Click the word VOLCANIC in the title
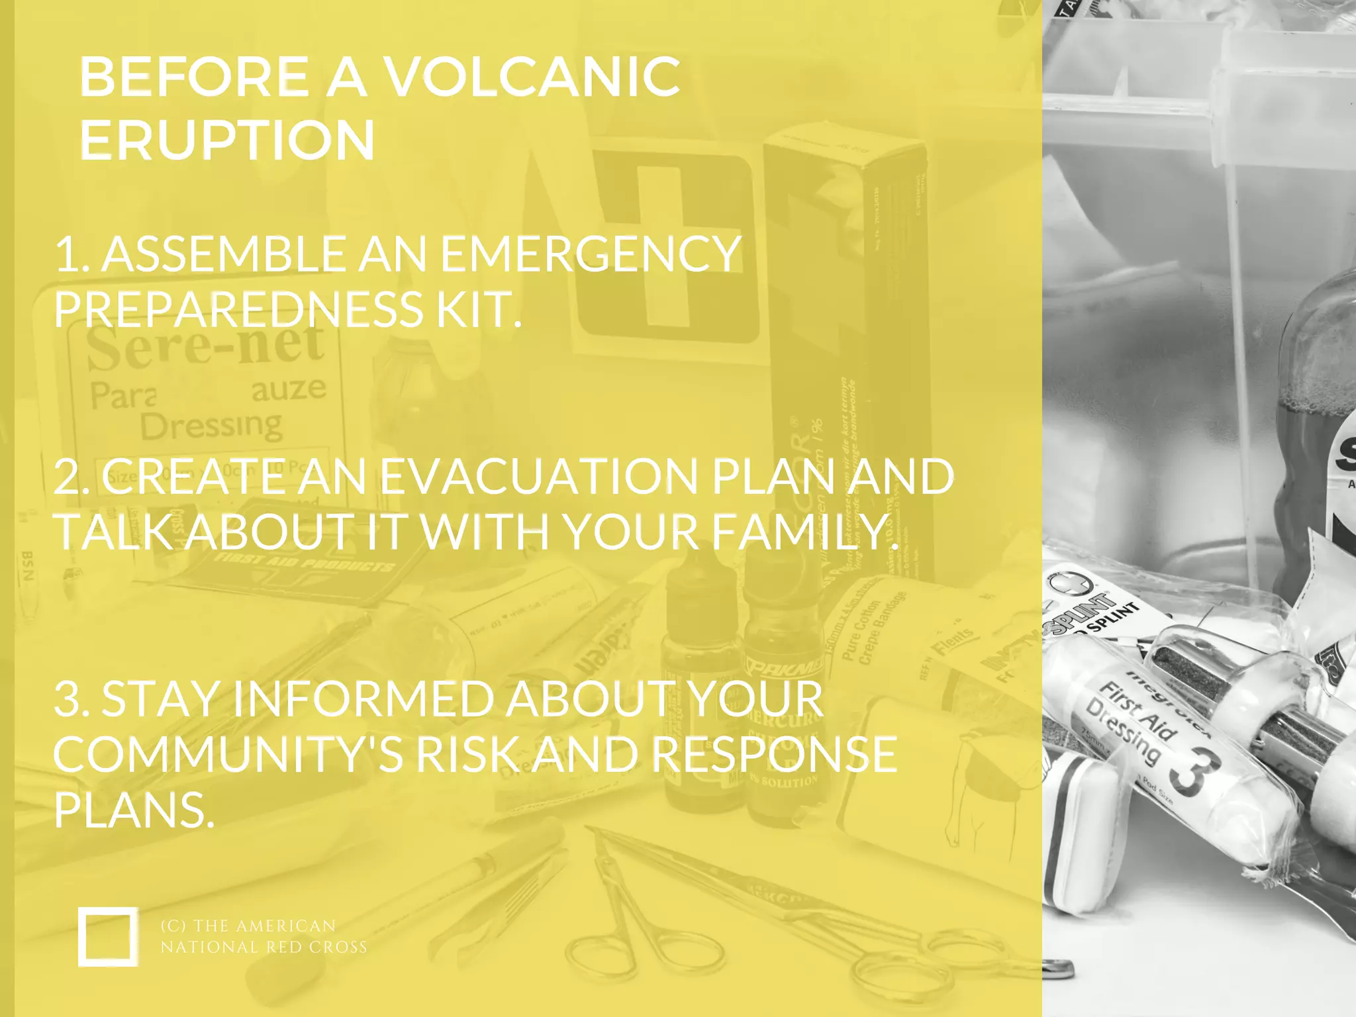click(532, 77)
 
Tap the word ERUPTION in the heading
click(227, 140)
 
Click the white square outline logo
click(108, 936)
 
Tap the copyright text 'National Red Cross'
click(264, 947)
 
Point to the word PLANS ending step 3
click(134, 810)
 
